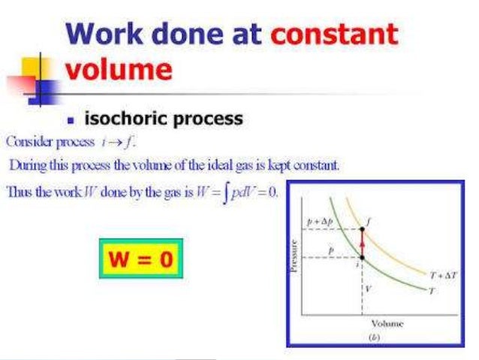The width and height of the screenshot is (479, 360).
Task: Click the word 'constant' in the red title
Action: coord(334,35)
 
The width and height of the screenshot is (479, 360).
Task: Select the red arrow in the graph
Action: coord(363,242)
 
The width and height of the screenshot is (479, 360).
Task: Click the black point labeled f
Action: coord(363,228)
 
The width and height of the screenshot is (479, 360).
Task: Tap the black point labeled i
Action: coord(363,257)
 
